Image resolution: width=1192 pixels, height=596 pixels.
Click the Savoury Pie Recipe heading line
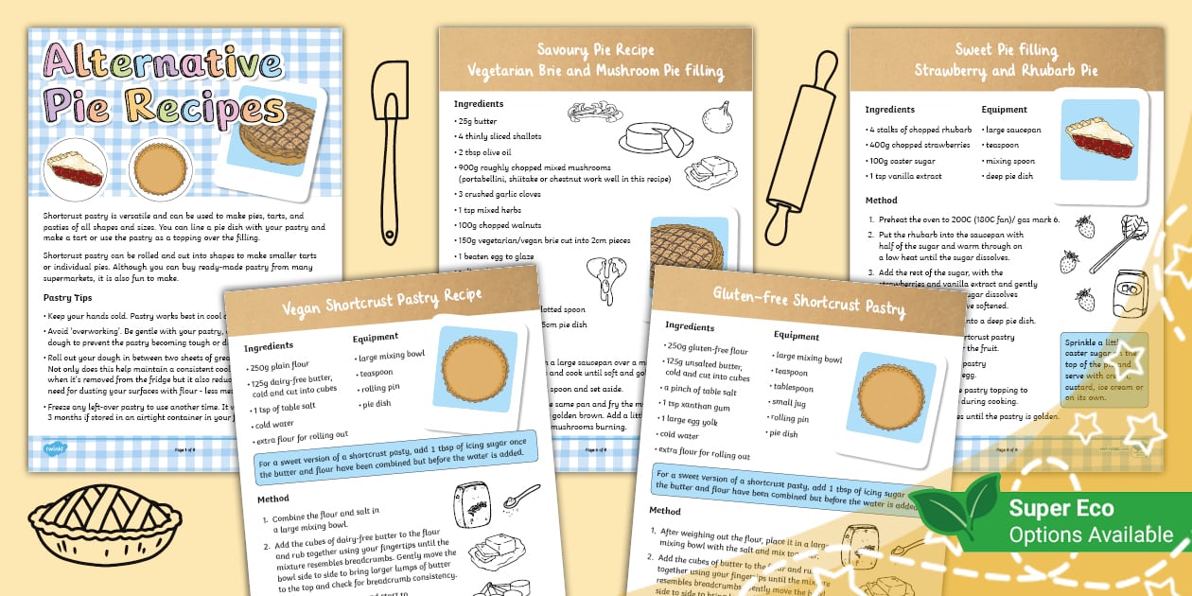(595, 50)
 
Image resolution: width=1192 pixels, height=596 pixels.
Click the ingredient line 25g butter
(479, 121)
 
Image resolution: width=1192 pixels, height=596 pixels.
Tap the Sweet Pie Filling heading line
(1006, 50)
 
